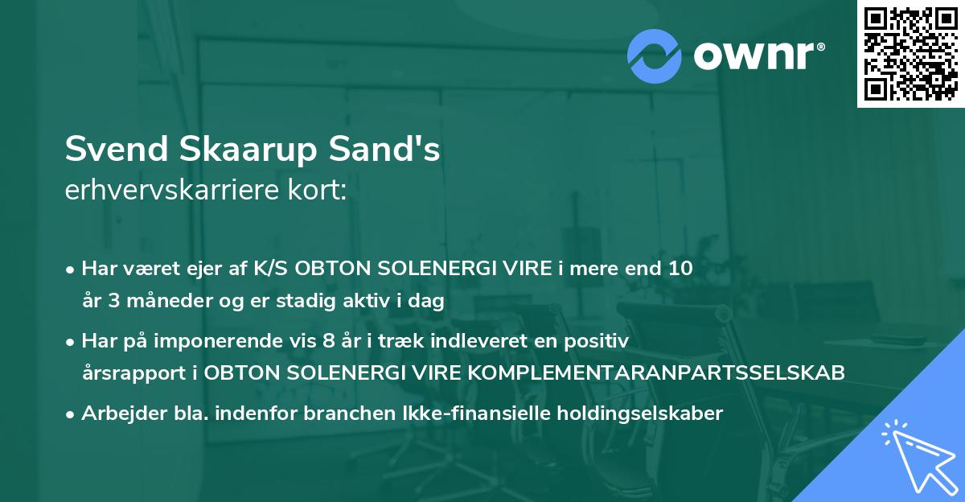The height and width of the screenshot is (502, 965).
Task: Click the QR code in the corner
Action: (910, 53)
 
